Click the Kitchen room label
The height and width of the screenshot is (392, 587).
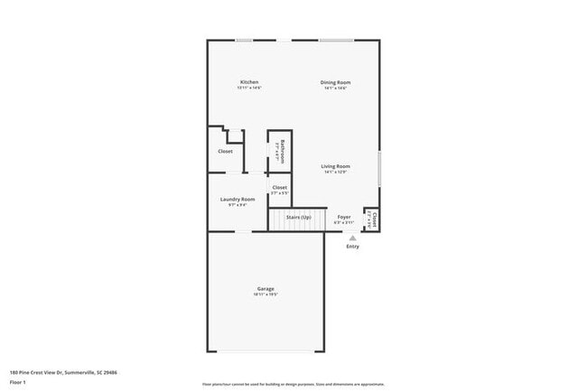coord(248,82)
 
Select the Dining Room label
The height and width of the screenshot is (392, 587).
coord(335,82)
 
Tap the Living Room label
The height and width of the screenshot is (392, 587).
coord(335,166)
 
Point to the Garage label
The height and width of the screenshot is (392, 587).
coord(265,289)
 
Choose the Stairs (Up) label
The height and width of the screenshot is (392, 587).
coord(298,218)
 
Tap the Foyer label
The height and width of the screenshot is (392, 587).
coord(344,218)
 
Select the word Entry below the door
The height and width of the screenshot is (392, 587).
coord(352,246)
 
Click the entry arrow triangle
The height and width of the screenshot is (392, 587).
coord(352,238)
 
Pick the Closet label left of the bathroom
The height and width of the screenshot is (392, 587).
coord(225,151)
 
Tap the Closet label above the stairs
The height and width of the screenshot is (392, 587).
coord(280,187)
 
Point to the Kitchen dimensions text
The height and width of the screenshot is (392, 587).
coord(248,89)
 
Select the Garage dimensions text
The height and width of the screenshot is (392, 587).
coord(265,295)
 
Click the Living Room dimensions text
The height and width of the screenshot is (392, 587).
coord(335,173)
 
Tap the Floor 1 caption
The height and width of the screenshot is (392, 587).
coord(17,382)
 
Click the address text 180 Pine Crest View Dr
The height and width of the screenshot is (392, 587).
coord(63,372)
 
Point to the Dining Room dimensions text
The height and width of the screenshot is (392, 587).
coord(335,89)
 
